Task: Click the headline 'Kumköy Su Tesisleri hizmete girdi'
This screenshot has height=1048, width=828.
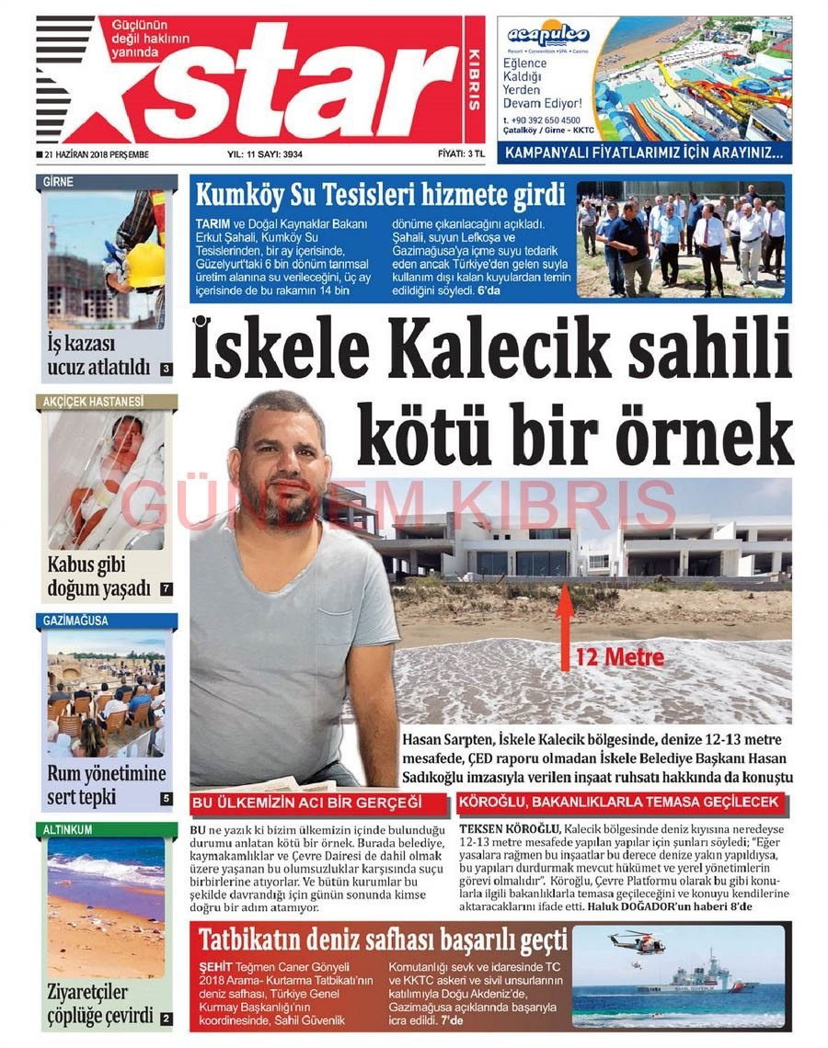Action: point(380,196)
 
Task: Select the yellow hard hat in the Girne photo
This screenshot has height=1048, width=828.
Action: point(144,265)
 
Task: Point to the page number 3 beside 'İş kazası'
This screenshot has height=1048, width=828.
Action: point(166,370)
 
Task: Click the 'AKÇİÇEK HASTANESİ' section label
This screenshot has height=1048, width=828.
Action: point(93,402)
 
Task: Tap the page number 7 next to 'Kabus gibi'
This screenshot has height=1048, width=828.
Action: point(166,588)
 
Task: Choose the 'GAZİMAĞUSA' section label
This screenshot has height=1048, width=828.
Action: point(75,621)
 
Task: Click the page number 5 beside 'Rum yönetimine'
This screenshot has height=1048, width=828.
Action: point(166,799)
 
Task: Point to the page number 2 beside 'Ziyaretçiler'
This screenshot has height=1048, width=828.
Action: point(166,1019)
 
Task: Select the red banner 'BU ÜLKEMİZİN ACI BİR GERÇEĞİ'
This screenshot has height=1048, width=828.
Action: point(306,803)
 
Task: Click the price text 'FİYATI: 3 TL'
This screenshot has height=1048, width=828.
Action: point(461,154)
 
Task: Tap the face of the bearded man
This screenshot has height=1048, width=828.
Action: point(281,460)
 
